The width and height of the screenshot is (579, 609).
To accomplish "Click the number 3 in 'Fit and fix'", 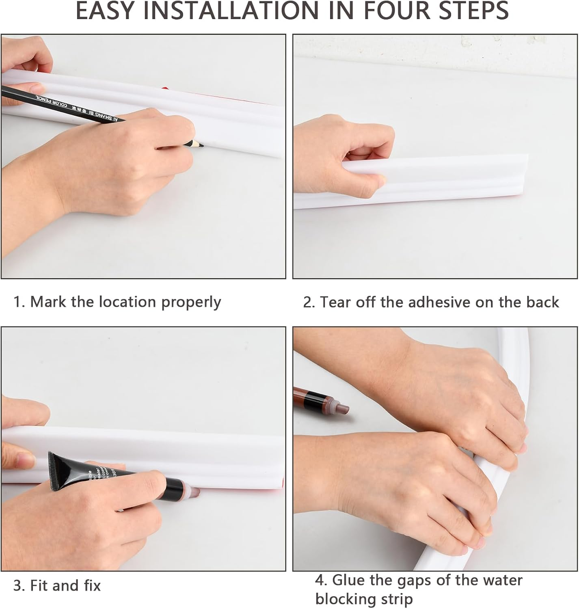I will [17, 586].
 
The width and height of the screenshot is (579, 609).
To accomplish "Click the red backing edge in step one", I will [166, 88].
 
